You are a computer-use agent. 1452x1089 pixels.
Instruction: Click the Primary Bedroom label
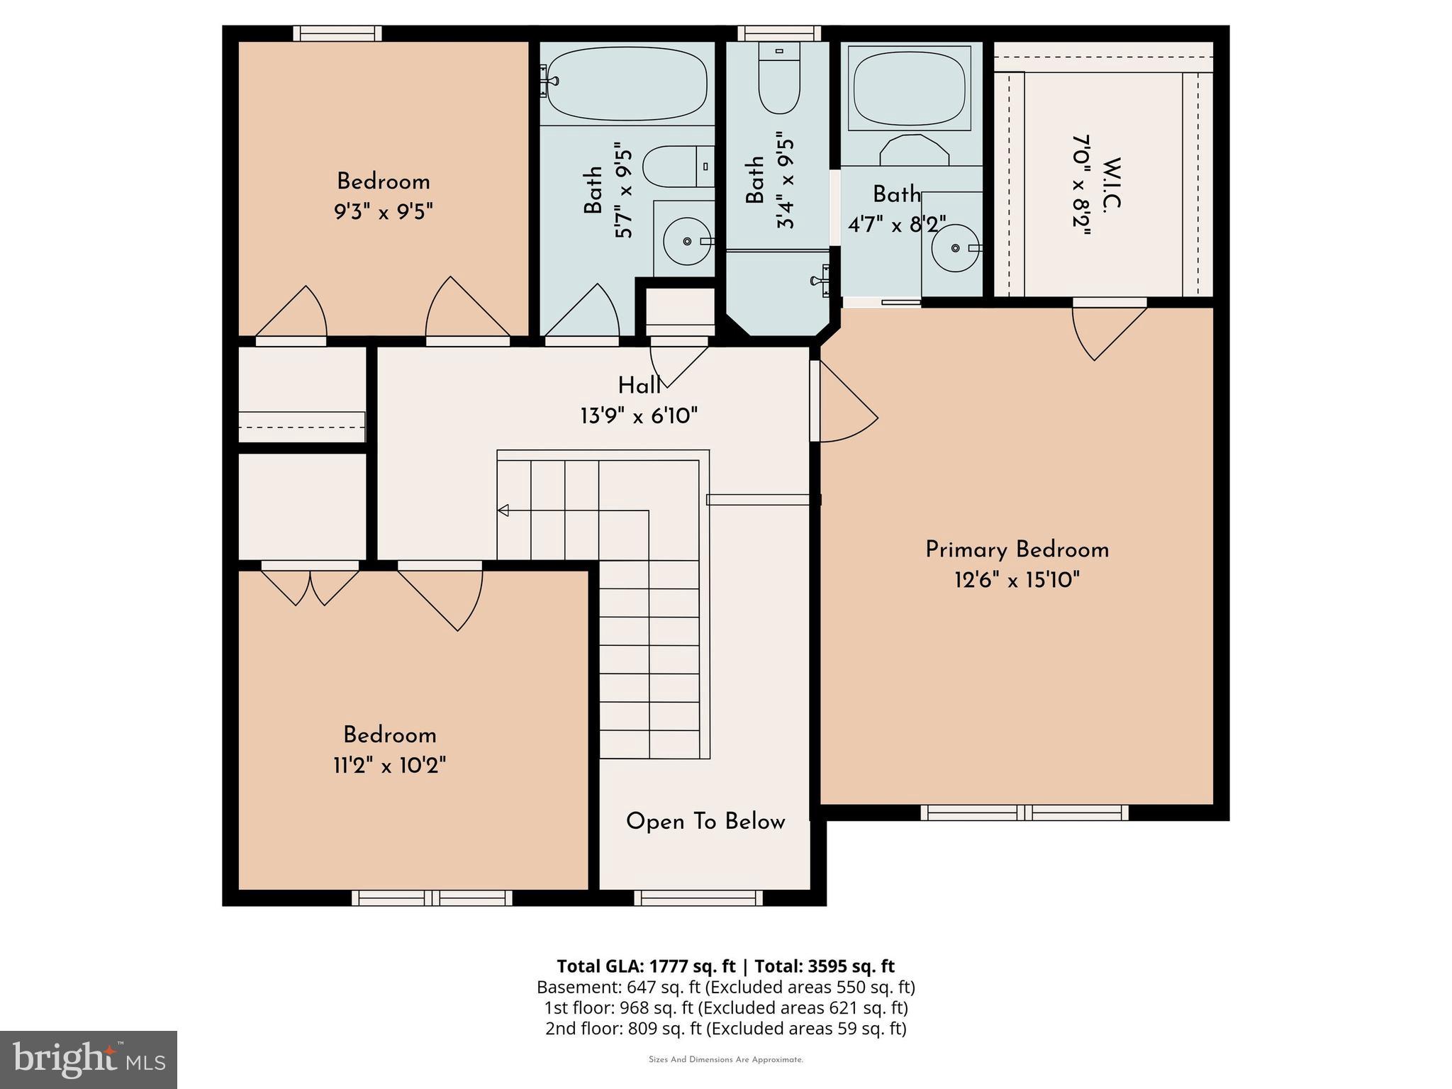tap(1017, 550)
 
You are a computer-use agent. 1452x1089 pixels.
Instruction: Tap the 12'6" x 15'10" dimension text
tap(1017, 581)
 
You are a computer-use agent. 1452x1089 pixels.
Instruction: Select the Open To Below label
tap(705, 822)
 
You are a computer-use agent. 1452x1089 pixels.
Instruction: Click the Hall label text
tap(639, 386)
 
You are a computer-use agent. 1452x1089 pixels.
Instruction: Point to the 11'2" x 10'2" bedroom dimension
tap(389, 766)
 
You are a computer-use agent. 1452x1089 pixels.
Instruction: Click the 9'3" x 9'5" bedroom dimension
tap(384, 211)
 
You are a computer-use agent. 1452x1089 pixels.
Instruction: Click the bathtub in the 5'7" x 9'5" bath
tap(627, 84)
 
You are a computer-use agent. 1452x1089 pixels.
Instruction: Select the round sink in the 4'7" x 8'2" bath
tap(954, 248)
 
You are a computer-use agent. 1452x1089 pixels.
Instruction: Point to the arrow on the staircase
tap(504, 510)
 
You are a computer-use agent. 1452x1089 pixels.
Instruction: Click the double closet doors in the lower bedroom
tap(311, 584)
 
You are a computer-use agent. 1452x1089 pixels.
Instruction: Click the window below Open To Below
tap(698, 898)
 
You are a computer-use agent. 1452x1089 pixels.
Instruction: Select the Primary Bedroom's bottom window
tap(1024, 812)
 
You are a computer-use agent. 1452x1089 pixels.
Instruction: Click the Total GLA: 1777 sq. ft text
tap(648, 966)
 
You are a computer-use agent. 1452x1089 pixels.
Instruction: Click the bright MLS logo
tap(89, 1059)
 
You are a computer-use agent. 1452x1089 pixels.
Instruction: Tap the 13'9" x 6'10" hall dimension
tap(639, 416)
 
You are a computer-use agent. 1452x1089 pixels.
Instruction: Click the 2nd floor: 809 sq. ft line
tap(725, 1028)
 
